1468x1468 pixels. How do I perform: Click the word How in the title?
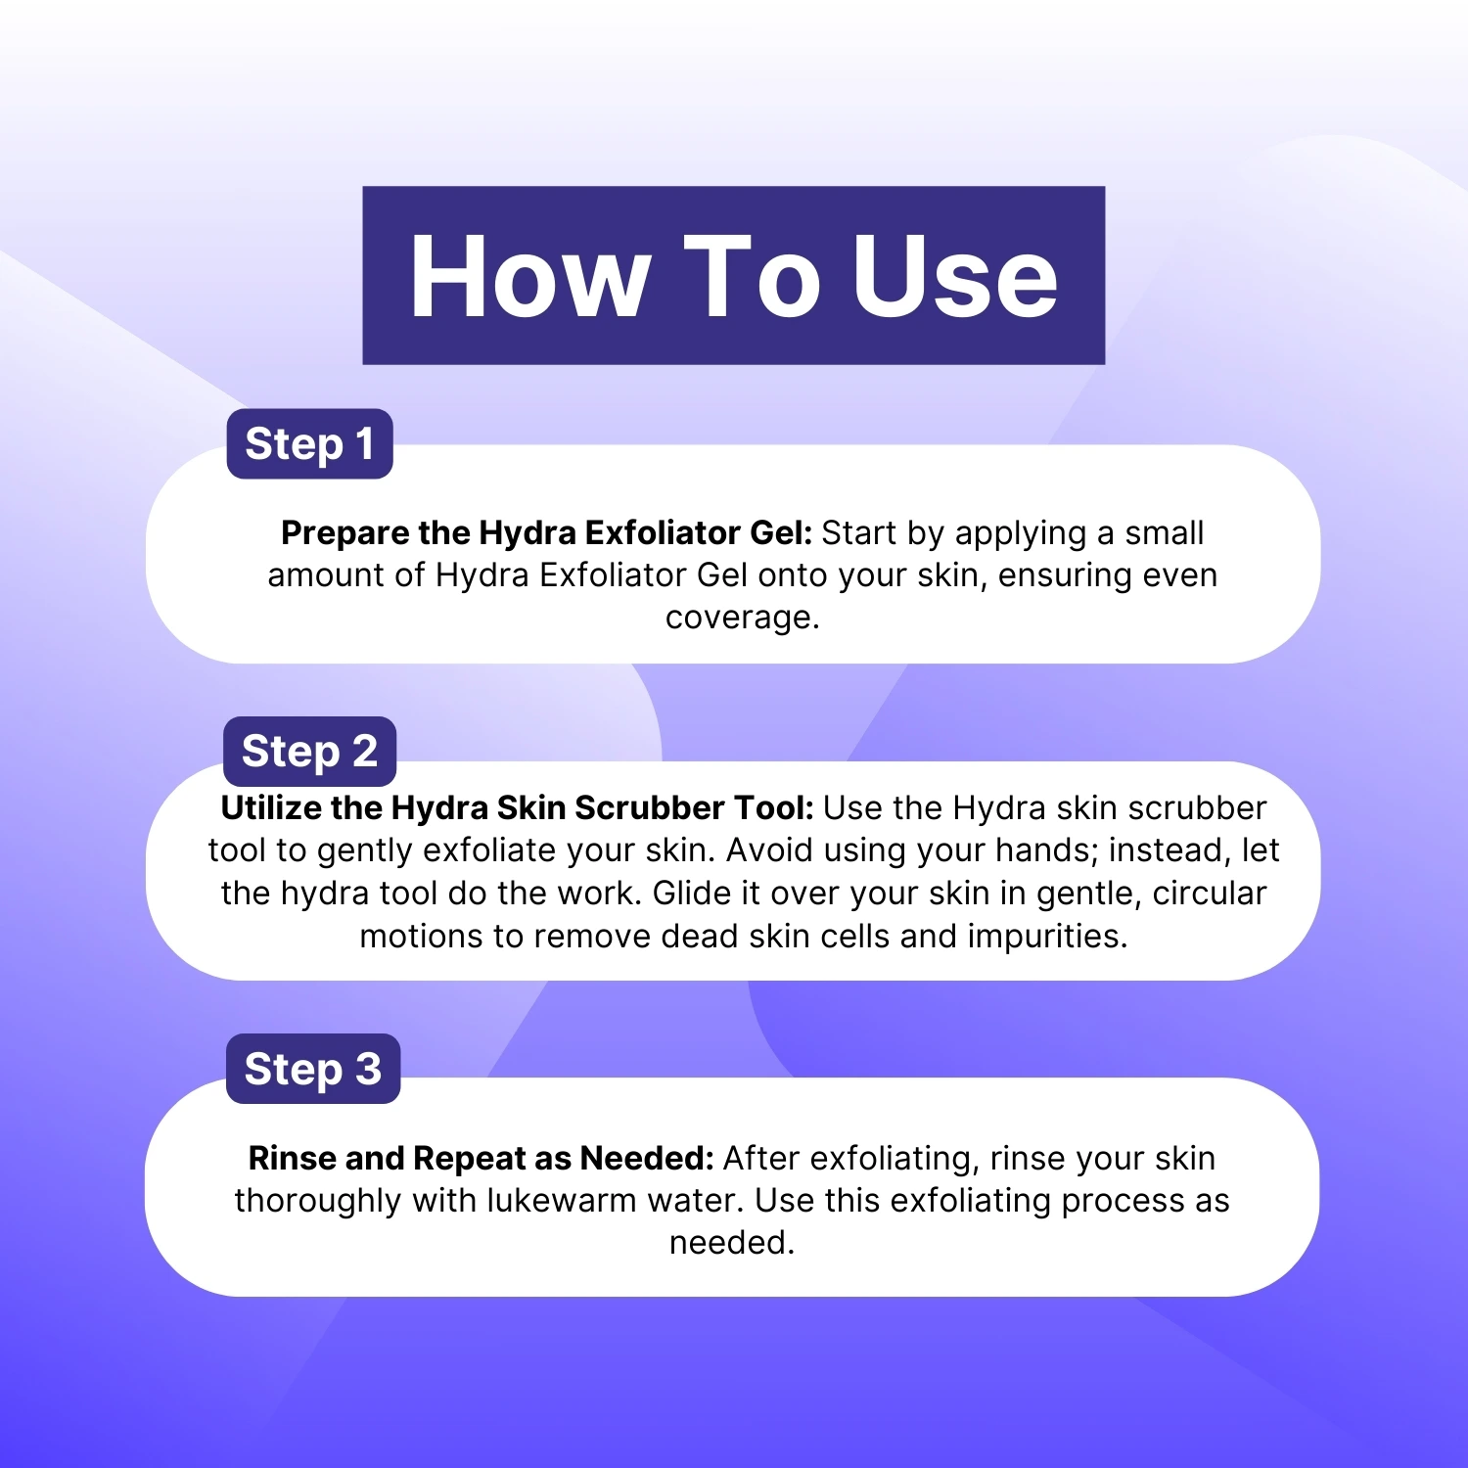point(529,276)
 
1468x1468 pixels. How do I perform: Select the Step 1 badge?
point(309,443)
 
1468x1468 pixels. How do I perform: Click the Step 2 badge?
point(309,751)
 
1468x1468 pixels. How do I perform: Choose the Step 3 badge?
point(313,1069)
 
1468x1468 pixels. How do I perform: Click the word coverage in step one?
point(742,618)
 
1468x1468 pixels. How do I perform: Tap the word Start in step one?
point(859,532)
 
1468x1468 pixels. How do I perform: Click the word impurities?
point(1047,937)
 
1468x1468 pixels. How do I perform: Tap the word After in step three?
point(761,1158)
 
